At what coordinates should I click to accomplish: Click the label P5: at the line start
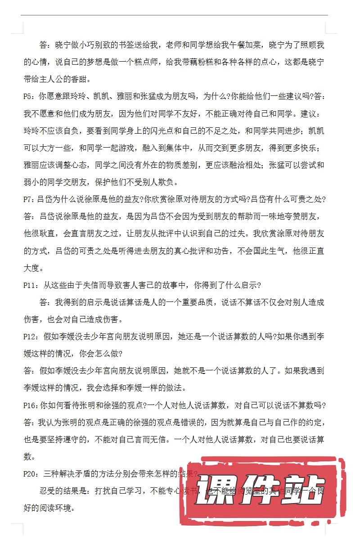coord(30,97)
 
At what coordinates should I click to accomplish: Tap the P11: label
coord(31,285)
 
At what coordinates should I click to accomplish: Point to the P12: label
coord(31,337)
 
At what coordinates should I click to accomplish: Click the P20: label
coord(31,474)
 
